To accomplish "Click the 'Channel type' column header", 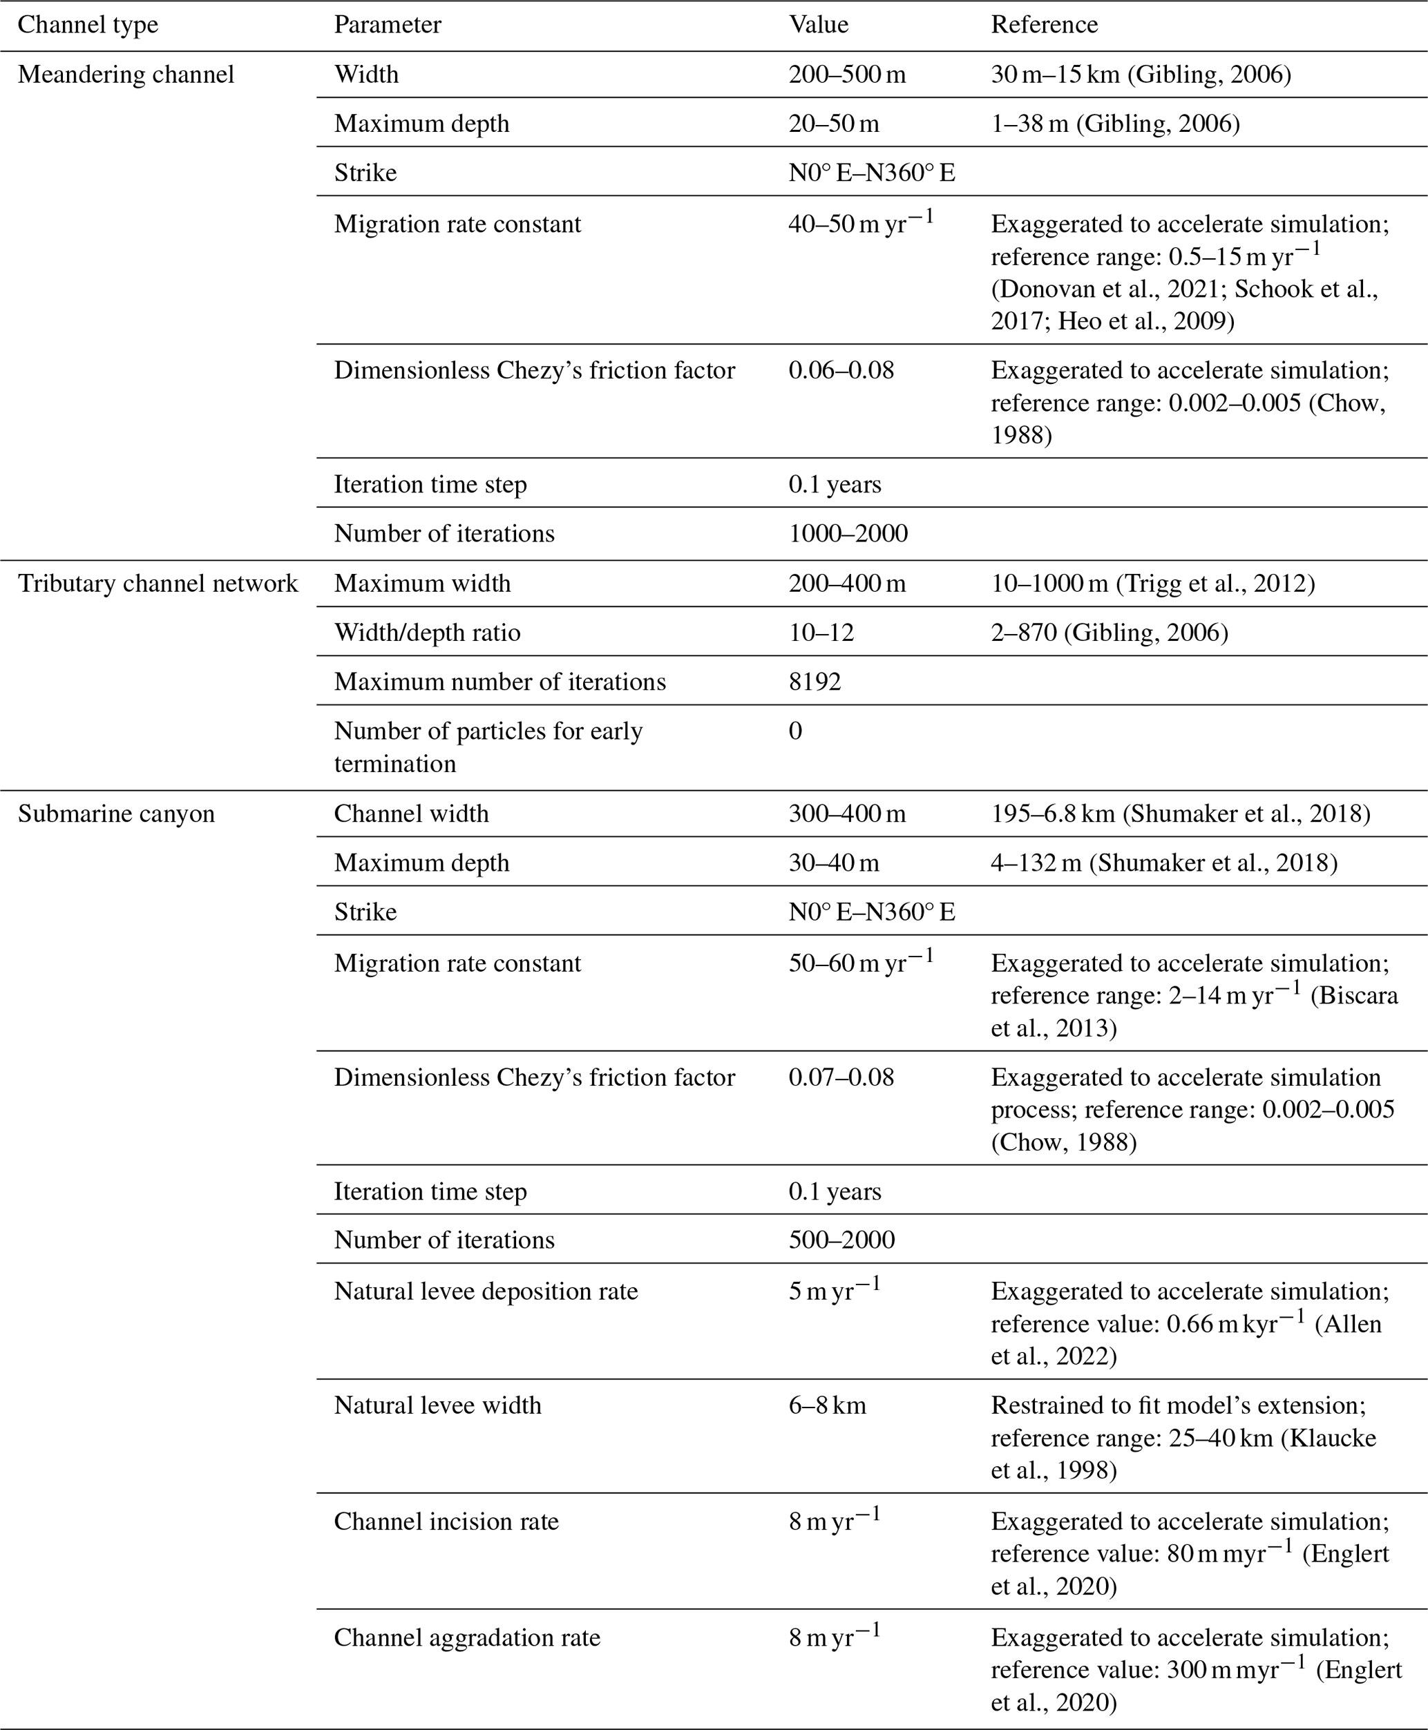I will [88, 25].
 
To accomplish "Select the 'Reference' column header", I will [1044, 25].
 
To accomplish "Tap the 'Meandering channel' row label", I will [126, 75].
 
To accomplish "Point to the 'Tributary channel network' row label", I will [158, 584].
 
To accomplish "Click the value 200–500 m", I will [846, 75].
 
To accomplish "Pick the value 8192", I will [815, 682].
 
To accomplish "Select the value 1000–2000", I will [848, 534].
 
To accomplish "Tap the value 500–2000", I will [841, 1240].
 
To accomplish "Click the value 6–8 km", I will [827, 1405].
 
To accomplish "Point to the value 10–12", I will [821, 633].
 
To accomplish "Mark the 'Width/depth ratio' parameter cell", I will [427, 633].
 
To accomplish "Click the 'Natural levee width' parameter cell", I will [437, 1405].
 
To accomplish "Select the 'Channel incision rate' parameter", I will [446, 1521].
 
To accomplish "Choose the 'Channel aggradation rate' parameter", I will [466, 1637].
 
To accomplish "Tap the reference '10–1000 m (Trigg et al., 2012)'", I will [1152, 584].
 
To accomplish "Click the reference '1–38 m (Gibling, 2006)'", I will [1114, 124].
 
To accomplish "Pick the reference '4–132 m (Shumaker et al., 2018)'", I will [1164, 863].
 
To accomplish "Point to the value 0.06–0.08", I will [841, 370].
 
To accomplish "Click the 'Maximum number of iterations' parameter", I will [499, 682].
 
